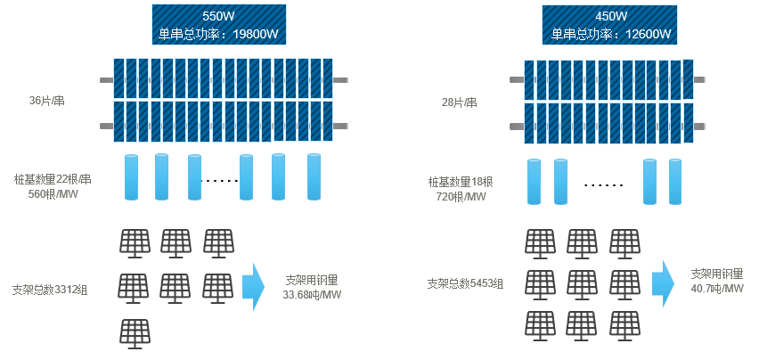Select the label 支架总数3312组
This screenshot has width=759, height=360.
click(x=50, y=290)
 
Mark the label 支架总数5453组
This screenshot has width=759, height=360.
click(x=465, y=284)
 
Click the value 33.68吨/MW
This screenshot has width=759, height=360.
click(x=312, y=294)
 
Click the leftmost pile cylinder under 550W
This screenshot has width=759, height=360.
click(x=131, y=177)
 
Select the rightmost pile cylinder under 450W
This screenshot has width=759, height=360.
click(x=674, y=182)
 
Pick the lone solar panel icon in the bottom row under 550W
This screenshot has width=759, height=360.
click(x=135, y=333)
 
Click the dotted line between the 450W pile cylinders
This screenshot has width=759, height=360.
click(x=603, y=185)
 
